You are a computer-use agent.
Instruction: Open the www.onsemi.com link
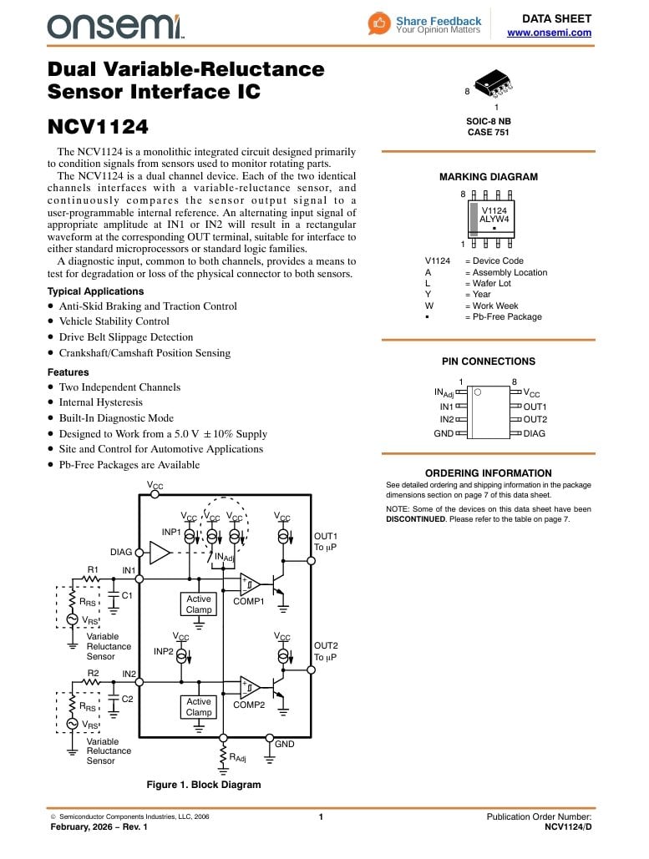[549, 33]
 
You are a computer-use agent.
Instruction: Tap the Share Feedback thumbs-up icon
[379, 23]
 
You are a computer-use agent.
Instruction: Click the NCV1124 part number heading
[98, 128]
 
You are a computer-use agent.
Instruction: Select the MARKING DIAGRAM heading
[488, 177]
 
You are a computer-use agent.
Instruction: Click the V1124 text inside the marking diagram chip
[494, 210]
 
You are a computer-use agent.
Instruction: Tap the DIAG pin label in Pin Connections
[534, 433]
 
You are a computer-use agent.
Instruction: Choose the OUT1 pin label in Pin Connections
[535, 407]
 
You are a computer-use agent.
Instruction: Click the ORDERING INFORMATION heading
[488, 473]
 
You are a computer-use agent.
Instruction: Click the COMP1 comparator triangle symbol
[250, 584]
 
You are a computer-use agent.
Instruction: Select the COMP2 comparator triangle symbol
[250, 687]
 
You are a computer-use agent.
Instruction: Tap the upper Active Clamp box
[199, 604]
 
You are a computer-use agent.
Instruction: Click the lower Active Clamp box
[199, 707]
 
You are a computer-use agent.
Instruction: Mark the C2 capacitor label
[128, 699]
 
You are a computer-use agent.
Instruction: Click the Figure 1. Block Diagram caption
[204, 785]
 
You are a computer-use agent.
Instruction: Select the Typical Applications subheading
[95, 291]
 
